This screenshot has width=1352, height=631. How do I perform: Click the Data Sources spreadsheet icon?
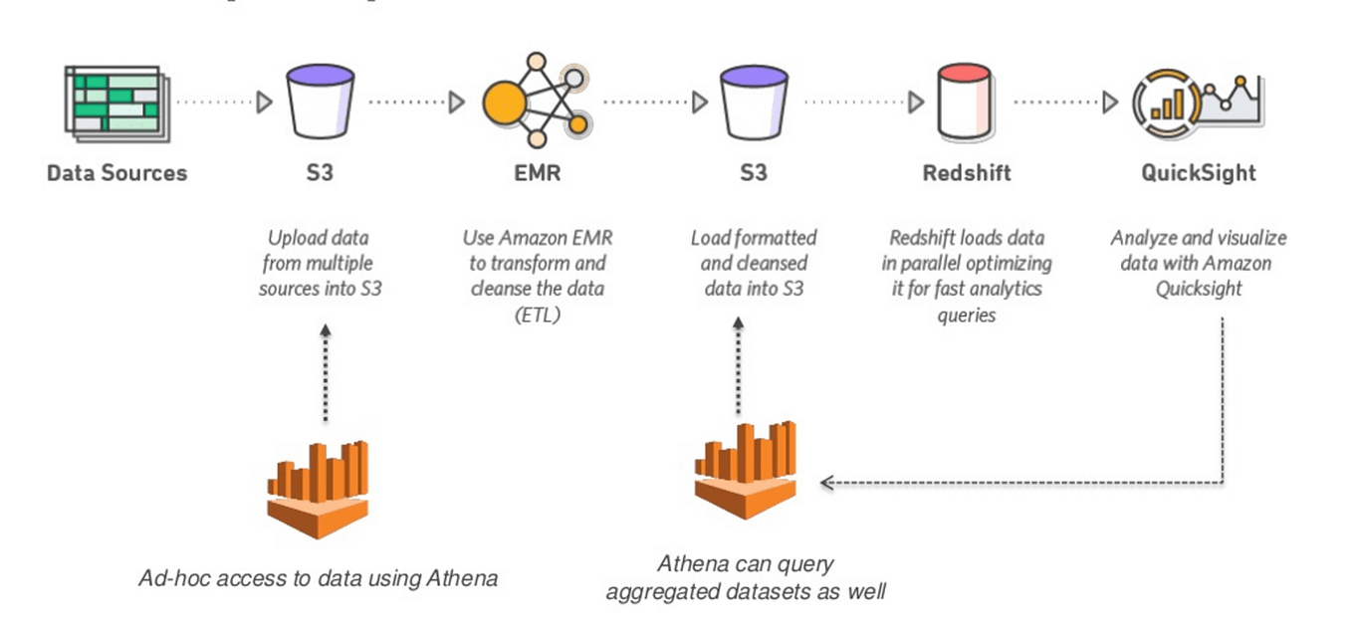coord(113,101)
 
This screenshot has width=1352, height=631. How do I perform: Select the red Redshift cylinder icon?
coord(966,101)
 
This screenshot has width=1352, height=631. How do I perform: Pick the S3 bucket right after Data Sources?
coord(320,102)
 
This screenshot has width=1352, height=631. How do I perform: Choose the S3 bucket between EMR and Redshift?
coord(754,102)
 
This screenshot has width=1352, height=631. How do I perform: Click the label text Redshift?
coord(966,173)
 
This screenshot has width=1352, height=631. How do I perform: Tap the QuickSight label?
coord(1198,173)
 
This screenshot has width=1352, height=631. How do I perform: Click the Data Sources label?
coord(116,173)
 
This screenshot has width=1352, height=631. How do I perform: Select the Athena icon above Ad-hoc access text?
coord(319,488)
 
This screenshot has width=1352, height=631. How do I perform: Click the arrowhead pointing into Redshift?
coord(916,102)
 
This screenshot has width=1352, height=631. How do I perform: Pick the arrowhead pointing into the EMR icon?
coord(457,102)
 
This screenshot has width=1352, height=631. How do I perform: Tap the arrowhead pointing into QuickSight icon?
coord(1110,102)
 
